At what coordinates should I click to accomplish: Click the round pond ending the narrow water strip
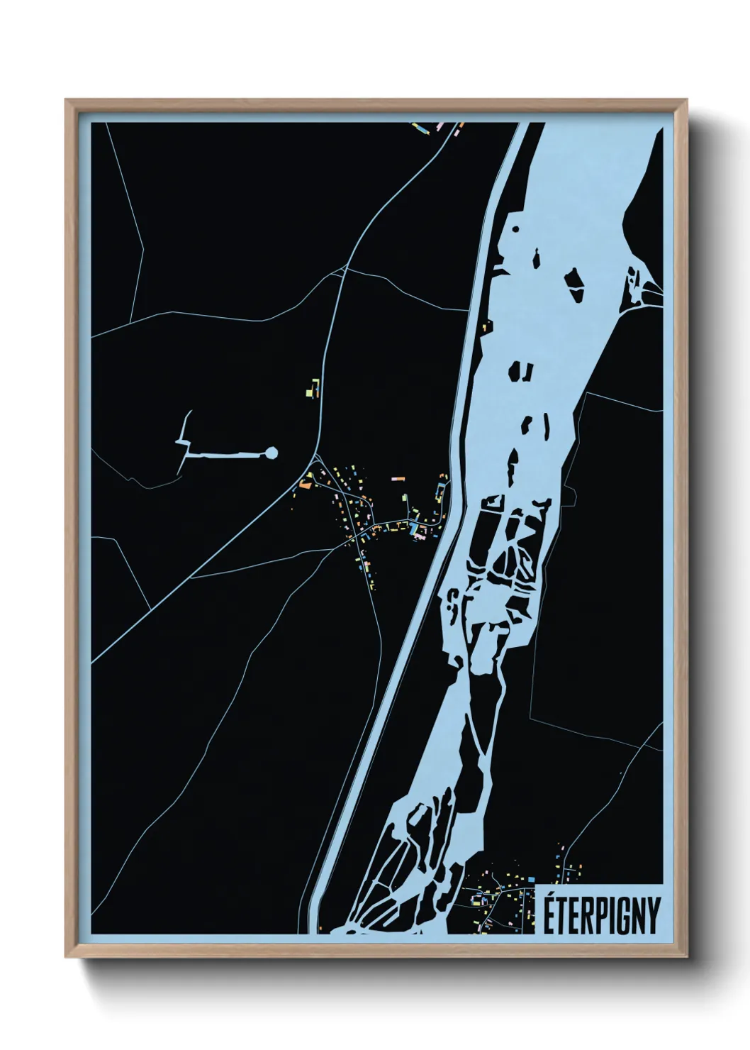coord(271,453)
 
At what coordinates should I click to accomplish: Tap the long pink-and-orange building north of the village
coord(397,479)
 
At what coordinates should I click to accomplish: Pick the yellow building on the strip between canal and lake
coord(486,327)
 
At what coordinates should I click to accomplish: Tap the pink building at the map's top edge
coord(440,126)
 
